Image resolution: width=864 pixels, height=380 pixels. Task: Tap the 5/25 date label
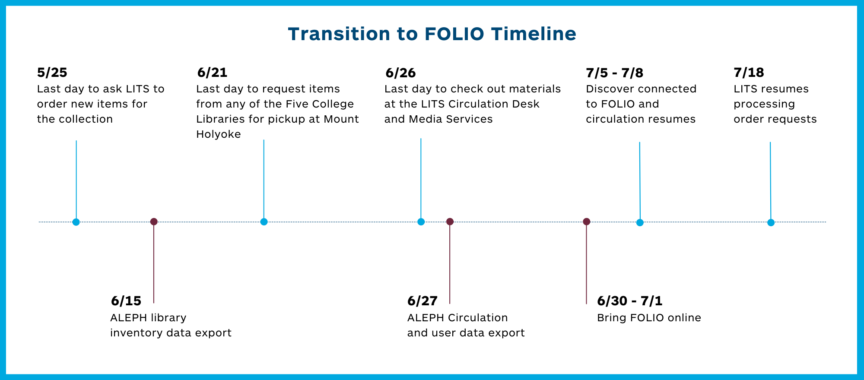click(52, 73)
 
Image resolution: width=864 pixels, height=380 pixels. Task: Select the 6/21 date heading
click(212, 73)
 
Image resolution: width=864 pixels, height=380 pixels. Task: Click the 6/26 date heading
click(400, 73)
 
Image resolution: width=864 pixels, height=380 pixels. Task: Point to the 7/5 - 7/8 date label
click(614, 73)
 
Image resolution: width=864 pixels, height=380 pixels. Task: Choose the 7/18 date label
click(749, 73)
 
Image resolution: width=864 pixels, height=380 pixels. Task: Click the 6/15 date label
click(126, 301)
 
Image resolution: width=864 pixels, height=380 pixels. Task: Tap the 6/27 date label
click(422, 301)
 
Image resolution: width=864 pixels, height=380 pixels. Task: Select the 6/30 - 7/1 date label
click(629, 301)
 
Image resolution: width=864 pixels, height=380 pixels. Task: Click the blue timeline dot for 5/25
click(76, 222)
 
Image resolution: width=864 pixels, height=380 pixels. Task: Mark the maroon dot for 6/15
click(154, 222)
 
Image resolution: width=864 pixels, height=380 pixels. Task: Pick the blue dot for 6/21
click(264, 222)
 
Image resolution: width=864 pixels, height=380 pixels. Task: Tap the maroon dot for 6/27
click(450, 222)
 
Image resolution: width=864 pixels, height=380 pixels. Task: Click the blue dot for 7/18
click(771, 222)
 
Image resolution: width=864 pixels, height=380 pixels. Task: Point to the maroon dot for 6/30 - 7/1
click(586, 222)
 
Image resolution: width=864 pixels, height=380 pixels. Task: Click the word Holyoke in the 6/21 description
click(218, 134)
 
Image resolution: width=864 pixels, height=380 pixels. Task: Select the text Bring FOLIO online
click(649, 318)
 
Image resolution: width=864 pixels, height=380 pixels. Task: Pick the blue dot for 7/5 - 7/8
click(640, 222)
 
